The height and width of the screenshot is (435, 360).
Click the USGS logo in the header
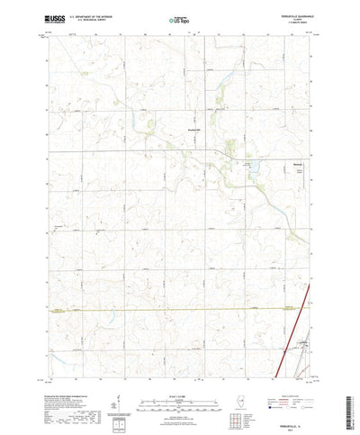(x=51, y=17)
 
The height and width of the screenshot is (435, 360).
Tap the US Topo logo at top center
(x=180, y=17)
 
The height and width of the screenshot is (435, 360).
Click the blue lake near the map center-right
(x=253, y=167)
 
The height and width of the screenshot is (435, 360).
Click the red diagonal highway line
(x=297, y=315)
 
